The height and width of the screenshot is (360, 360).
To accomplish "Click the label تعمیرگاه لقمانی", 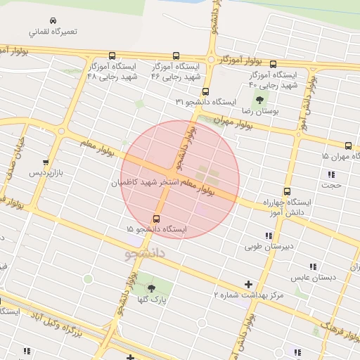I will (x=53, y=32).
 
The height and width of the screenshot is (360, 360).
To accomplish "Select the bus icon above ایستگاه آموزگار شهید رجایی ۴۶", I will (x=175, y=56).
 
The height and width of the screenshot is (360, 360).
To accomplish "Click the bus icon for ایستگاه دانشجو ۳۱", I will (x=205, y=91).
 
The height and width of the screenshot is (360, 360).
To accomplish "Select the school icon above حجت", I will (x=330, y=174).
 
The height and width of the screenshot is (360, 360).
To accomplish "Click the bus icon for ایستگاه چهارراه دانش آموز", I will (x=287, y=191).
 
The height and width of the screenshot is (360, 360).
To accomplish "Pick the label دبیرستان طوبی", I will (x=263, y=247).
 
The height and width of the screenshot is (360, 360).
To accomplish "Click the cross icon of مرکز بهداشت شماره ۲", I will (x=248, y=285).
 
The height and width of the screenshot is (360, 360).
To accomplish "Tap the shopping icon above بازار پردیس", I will (x=46, y=161).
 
